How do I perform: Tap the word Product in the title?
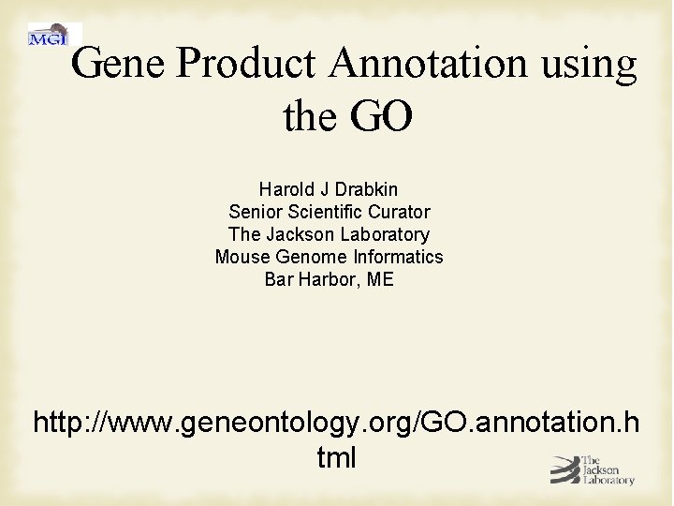point(245,64)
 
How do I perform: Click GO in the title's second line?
point(381,117)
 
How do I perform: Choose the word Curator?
point(400,212)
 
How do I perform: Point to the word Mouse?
point(242,257)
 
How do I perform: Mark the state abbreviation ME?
point(380,279)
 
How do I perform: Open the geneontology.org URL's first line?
point(336,423)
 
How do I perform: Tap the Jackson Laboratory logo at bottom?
point(592,469)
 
